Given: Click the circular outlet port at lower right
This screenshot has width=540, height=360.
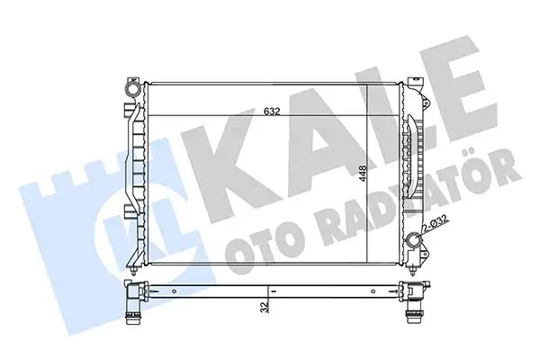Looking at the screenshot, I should (413, 241).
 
